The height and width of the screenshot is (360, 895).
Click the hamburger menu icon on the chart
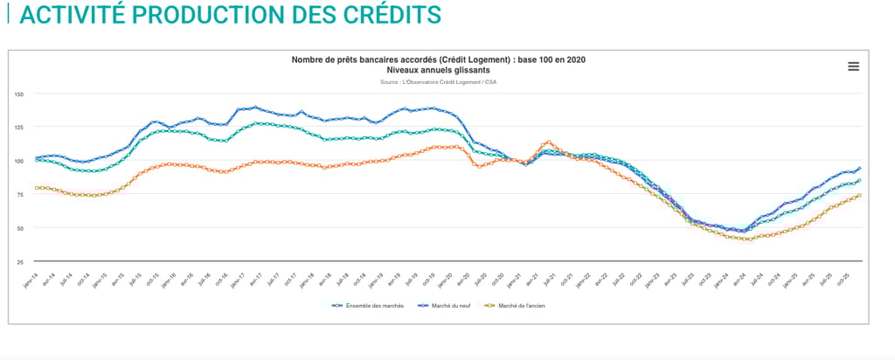click(x=853, y=66)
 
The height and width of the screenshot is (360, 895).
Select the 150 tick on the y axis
click(x=18, y=93)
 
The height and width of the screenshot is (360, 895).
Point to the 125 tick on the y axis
click(x=18, y=127)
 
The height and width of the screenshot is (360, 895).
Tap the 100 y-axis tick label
click(x=18, y=161)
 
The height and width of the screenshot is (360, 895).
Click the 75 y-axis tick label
click(x=19, y=194)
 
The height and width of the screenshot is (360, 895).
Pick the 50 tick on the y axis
click(x=19, y=228)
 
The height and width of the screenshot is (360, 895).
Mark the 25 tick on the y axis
click(x=19, y=261)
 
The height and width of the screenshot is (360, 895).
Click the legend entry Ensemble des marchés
click(x=367, y=305)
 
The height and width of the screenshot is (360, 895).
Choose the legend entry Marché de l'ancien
click(x=517, y=305)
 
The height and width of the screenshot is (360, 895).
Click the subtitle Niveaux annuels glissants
click(x=438, y=69)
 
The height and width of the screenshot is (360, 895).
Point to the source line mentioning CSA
click(x=438, y=81)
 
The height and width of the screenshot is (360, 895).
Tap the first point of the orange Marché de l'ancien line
click(x=37, y=188)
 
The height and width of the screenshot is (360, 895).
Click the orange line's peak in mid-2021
click(x=548, y=142)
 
